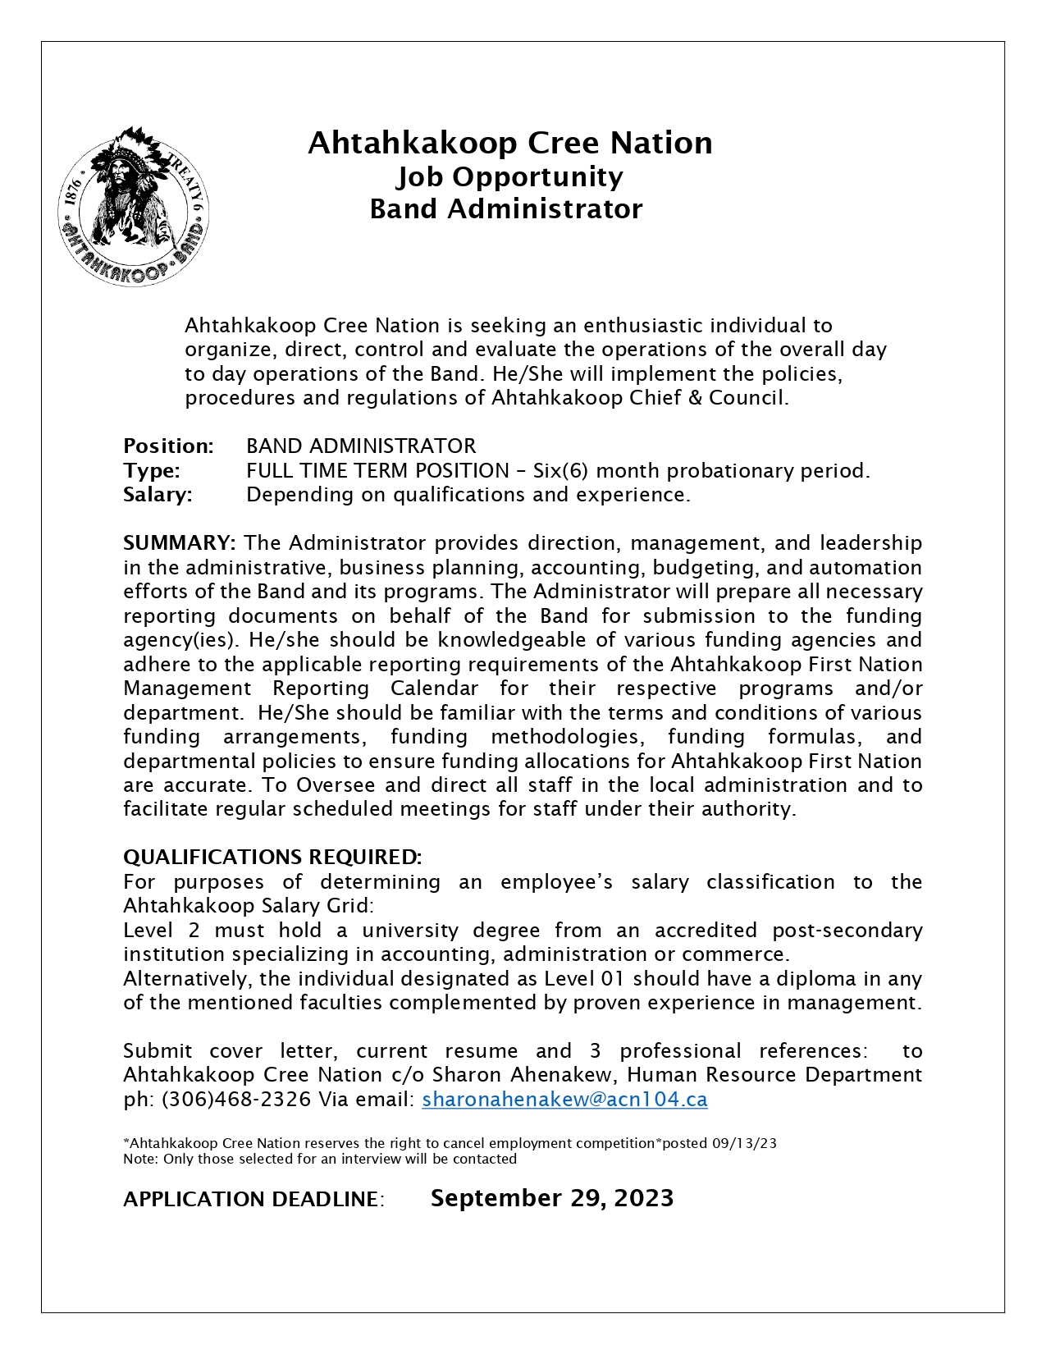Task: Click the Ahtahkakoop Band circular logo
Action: click(x=134, y=207)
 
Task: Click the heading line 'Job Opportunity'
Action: click(x=509, y=176)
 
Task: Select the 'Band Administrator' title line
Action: click(x=506, y=208)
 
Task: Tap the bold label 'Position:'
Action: click(x=168, y=446)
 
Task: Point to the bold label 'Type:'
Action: click(x=152, y=470)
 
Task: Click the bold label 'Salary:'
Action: click(x=158, y=494)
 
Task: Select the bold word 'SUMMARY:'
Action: click(x=180, y=542)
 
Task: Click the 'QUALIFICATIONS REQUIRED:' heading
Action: click(x=272, y=857)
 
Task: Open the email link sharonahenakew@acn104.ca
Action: click(x=564, y=1099)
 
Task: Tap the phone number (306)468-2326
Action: click(x=236, y=1099)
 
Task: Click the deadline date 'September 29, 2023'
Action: click(x=551, y=1197)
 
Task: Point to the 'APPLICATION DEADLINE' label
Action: click(x=251, y=1199)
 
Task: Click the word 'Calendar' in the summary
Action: click(x=434, y=688)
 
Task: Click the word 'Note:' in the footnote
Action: click(x=141, y=1159)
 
